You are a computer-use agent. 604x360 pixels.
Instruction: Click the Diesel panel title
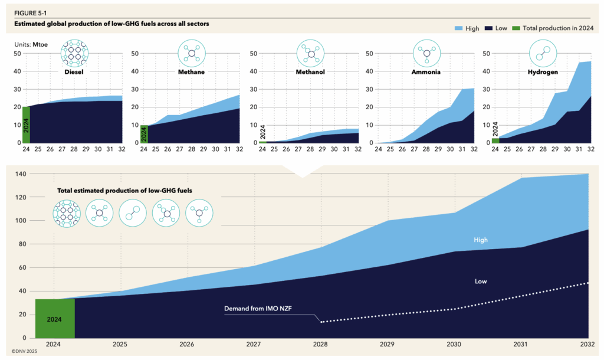tap(74, 72)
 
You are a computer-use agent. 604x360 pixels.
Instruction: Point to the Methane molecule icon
tap(192, 54)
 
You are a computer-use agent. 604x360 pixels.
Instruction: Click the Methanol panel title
tap(311, 72)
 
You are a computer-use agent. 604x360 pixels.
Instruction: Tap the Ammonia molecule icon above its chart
tap(427, 54)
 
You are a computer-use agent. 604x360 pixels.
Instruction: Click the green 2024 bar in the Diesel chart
tap(26, 125)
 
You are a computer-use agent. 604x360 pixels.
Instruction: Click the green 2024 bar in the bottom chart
tap(55, 319)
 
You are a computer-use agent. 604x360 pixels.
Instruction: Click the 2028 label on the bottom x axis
tap(321, 344)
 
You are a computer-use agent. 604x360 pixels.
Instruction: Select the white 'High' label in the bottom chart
tap(481, 240)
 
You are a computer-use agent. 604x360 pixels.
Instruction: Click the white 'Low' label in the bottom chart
tap(481, 282)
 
